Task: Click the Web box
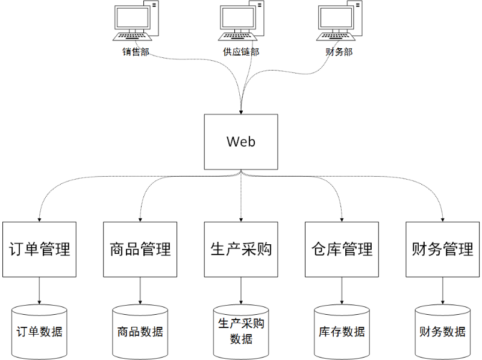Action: (x=241, y=142)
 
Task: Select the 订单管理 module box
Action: (x=39, y=249)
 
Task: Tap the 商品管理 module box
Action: (x=140, y=249)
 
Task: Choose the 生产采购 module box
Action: (x=241, y=249)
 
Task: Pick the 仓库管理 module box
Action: (x=342, y=249)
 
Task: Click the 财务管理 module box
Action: (x=443, y=249)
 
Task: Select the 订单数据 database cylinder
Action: (x=39, y=332)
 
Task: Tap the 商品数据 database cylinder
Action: (x=140, y=332)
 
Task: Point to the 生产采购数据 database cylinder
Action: (x=241, y=332)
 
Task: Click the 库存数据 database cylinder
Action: (x=342, y=332)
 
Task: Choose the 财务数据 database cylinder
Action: (x=443, y=332)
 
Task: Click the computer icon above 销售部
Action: (x=136, y=23)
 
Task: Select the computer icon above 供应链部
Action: (x=241, y=23)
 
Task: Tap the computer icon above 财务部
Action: (x=339, y=23)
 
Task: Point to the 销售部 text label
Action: (x=136, y=52)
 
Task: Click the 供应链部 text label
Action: (x=241, y=52)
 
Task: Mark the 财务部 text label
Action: (x=339, y=52)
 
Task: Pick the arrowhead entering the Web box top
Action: (x=241, y=111)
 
